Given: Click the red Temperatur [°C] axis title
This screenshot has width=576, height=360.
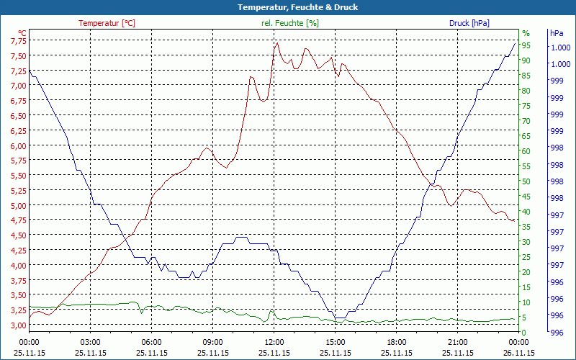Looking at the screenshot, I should [x=107, y=23].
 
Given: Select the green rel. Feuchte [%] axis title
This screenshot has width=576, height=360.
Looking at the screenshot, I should [x=289, y=23].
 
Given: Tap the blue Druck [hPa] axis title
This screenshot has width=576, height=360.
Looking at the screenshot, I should [x=469, y=23].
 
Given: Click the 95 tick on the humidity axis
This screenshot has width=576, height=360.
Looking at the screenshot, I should [x=526, y=45].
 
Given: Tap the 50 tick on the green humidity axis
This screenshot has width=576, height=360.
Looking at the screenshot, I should [x=526, y=181].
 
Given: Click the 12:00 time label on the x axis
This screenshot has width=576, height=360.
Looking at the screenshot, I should [x=274, y=343].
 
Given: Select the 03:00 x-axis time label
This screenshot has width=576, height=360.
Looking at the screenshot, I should [x=90, y=343].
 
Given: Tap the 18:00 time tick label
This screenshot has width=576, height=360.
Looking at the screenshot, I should [x=397, y=343].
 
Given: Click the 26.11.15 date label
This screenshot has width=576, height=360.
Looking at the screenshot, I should [x=519, y=353].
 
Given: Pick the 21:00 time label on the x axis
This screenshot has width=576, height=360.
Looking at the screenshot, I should [x=458, y=343].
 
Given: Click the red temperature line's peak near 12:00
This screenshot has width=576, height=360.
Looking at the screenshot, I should [x=277, y=42].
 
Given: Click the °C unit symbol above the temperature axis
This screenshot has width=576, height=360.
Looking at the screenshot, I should [x=22, y=33].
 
